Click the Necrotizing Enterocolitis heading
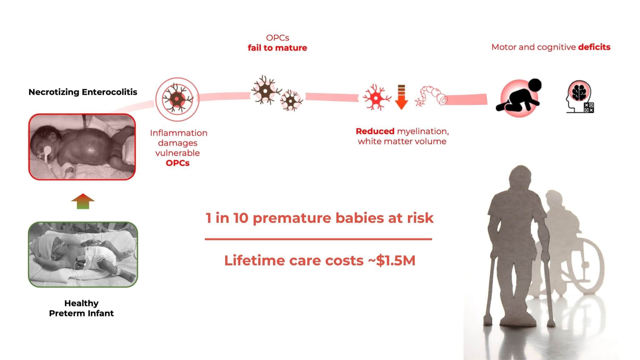tap(83, 92)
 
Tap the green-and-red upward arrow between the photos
tap(83, 201)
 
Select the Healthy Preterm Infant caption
tap(82, 308)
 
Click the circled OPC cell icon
tap(177, 99)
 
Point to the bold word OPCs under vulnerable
tap(178, 163)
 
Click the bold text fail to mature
tap(277, 48)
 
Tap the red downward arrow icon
tap(401, 97)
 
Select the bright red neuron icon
tap(377, 97)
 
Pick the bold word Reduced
tap(375, 131)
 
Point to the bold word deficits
tap(594, 47)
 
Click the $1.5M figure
tap(396, 261)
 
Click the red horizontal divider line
tap(318, 239)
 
